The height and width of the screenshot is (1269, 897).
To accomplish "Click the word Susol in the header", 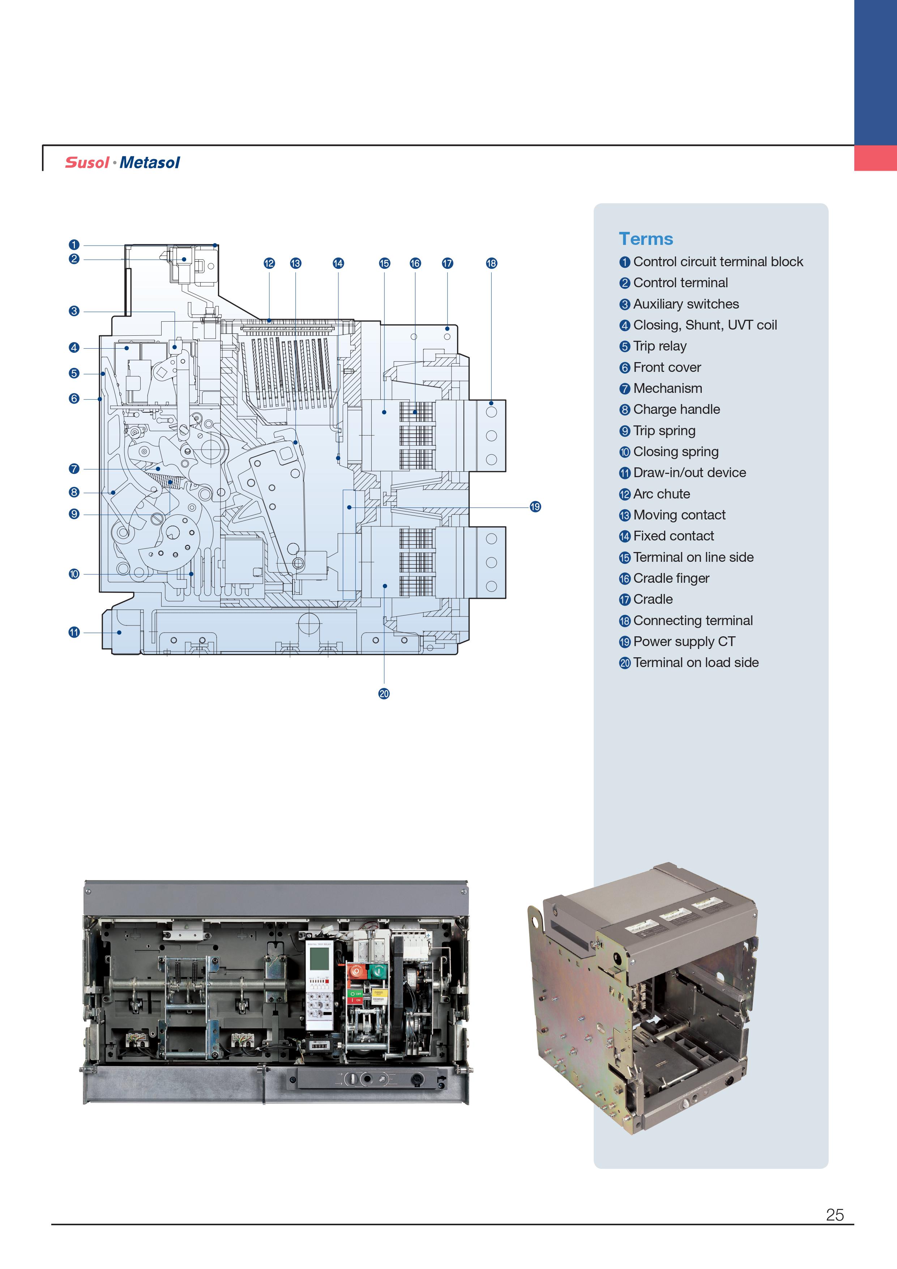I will point(87,162).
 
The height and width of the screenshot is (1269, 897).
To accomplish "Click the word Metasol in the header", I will point(150,162).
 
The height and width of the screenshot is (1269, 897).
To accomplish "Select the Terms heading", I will point(646,239).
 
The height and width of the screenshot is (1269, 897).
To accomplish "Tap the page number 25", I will point(834,1214).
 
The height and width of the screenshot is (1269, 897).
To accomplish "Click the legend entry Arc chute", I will point(661,493).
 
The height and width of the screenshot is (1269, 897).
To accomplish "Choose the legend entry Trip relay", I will point(659,346).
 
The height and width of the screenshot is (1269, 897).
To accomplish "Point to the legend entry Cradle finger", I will point(671,578).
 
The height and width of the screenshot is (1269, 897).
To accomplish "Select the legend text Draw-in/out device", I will point(689,472).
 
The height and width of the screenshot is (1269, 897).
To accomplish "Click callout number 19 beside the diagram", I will point(535,507).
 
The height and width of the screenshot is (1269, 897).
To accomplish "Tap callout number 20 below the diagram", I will point(384,693).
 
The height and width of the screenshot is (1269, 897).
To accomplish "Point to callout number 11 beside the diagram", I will point(74,632).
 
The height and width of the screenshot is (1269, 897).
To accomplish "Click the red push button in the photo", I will point(356,971).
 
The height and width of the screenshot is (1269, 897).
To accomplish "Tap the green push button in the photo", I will point(378,971).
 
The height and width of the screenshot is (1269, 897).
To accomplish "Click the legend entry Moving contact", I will point(679,514).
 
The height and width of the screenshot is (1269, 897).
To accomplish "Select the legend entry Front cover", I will point(667,367).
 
